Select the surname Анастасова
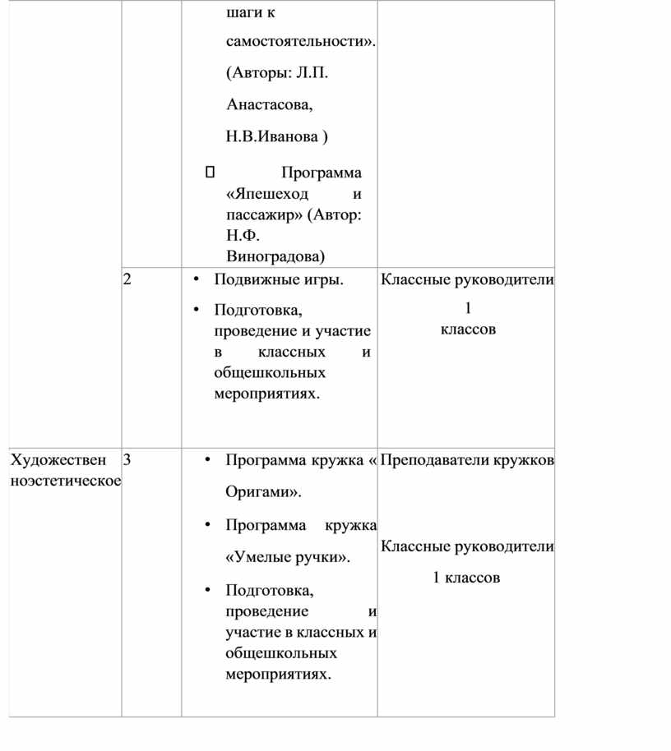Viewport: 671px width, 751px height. coord(269,105)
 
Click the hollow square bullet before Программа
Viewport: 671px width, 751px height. coord(209,173)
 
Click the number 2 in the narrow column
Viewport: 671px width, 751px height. coord(127,279)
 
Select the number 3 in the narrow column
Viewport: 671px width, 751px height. coord(127,460)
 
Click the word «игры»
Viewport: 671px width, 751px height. coord(326,280)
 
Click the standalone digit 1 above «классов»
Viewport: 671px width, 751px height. coord(468,309)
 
